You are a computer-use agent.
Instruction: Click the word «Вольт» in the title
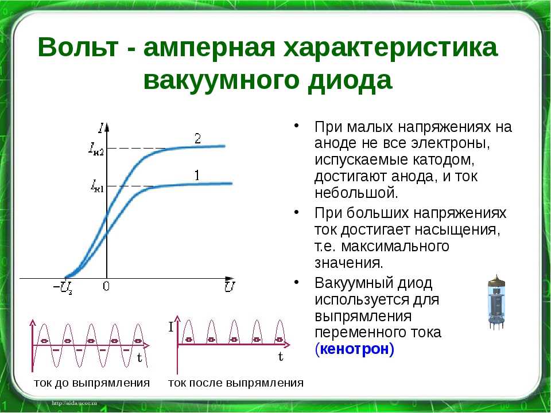click(77, 47)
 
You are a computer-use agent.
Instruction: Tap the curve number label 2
click(198, 139)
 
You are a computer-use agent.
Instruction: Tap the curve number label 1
click(197, 176)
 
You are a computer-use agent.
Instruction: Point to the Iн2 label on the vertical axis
click(96, 149)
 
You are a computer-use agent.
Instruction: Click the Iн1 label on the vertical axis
click(98, 186)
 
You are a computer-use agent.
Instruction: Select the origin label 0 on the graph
click(106, 287)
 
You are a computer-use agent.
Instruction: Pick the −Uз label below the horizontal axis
click(63, 287)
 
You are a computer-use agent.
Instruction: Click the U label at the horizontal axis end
click(230, 286)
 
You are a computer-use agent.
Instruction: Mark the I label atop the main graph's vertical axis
click(102, 128)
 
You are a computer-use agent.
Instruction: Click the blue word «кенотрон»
click(355, 349)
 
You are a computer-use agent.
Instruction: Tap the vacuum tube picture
click(496, 303)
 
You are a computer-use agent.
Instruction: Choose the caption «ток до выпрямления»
click(92, 383)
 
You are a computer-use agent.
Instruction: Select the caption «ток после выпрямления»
click(236, 383)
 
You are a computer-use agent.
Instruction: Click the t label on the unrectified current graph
click(139, 358)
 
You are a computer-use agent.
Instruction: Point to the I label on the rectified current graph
click(171, 328)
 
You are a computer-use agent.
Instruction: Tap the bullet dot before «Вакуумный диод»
click(297, 282)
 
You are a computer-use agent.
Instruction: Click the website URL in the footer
click(74, 403)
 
